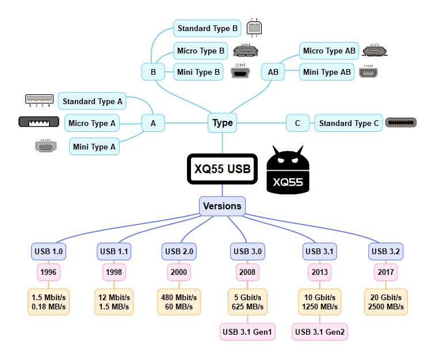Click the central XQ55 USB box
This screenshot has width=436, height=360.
pos(223,169)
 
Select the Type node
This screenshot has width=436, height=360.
pos(223,122)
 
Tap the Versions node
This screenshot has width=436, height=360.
pos(223,206)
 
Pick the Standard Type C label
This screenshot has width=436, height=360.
pos(349,123)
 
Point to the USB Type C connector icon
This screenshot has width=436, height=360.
pos(401,122)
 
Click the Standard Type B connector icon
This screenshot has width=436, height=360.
pos(254,28)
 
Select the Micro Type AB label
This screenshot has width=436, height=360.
pos(330,51)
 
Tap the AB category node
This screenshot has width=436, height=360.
pos(273,72)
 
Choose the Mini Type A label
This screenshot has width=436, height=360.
pos(94,147)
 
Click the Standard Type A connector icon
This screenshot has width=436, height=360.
pos(39,99)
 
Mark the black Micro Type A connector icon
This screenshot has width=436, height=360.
pos(39,122)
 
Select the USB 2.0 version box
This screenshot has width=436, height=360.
pos(179,251)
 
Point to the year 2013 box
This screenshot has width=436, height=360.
pos(320,271)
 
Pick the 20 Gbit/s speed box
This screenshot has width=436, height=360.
pos(385,302)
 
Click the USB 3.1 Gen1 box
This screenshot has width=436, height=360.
pos(248,332)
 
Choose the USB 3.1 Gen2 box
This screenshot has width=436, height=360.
pos(320,332)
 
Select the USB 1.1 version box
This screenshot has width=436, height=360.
pos(115,251)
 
